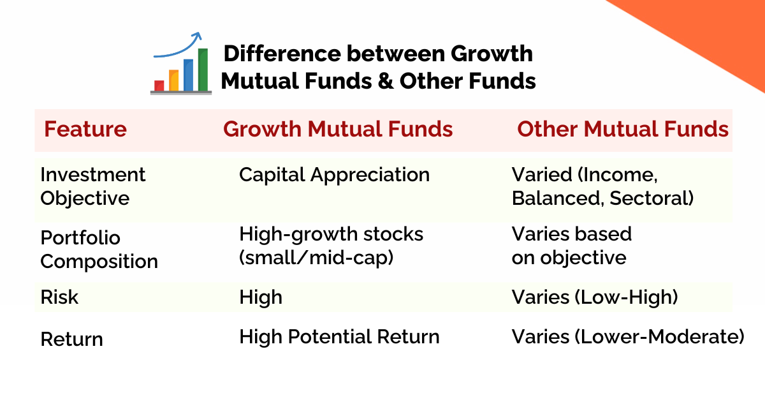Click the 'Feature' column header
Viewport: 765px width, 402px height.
[x=85, y=130]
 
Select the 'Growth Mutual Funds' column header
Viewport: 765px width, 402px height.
[x=338, y=130]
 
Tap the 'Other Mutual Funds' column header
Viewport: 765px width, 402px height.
[x=622, y=130]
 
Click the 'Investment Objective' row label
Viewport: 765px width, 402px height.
[x=93, y=186]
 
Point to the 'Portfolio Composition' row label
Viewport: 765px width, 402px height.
[x=99, y=249]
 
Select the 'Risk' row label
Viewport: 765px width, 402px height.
[x=59, y=297]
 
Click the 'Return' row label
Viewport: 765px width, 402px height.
[x=71, y=339]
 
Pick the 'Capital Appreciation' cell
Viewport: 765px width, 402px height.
[x=334, y=175]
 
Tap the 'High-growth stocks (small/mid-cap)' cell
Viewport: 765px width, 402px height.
[x=331, y=246]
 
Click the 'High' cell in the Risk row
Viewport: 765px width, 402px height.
[x=260, y=297]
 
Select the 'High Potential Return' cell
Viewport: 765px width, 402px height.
[x=339, y=337]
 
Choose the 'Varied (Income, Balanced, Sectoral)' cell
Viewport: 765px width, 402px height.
[x=602, y=186]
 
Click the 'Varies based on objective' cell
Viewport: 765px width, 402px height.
[x=571, y=246]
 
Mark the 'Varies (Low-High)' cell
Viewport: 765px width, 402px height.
[x=594, y=297]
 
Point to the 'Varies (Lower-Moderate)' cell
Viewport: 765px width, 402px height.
[x=628, y=337]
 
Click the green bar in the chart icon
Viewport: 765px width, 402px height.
[x=203, y=70]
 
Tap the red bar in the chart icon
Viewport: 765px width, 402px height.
[x=159, y=85]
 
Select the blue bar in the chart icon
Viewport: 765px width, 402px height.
[x=189, y=75]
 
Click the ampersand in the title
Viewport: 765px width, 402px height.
[x=386, y=82]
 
